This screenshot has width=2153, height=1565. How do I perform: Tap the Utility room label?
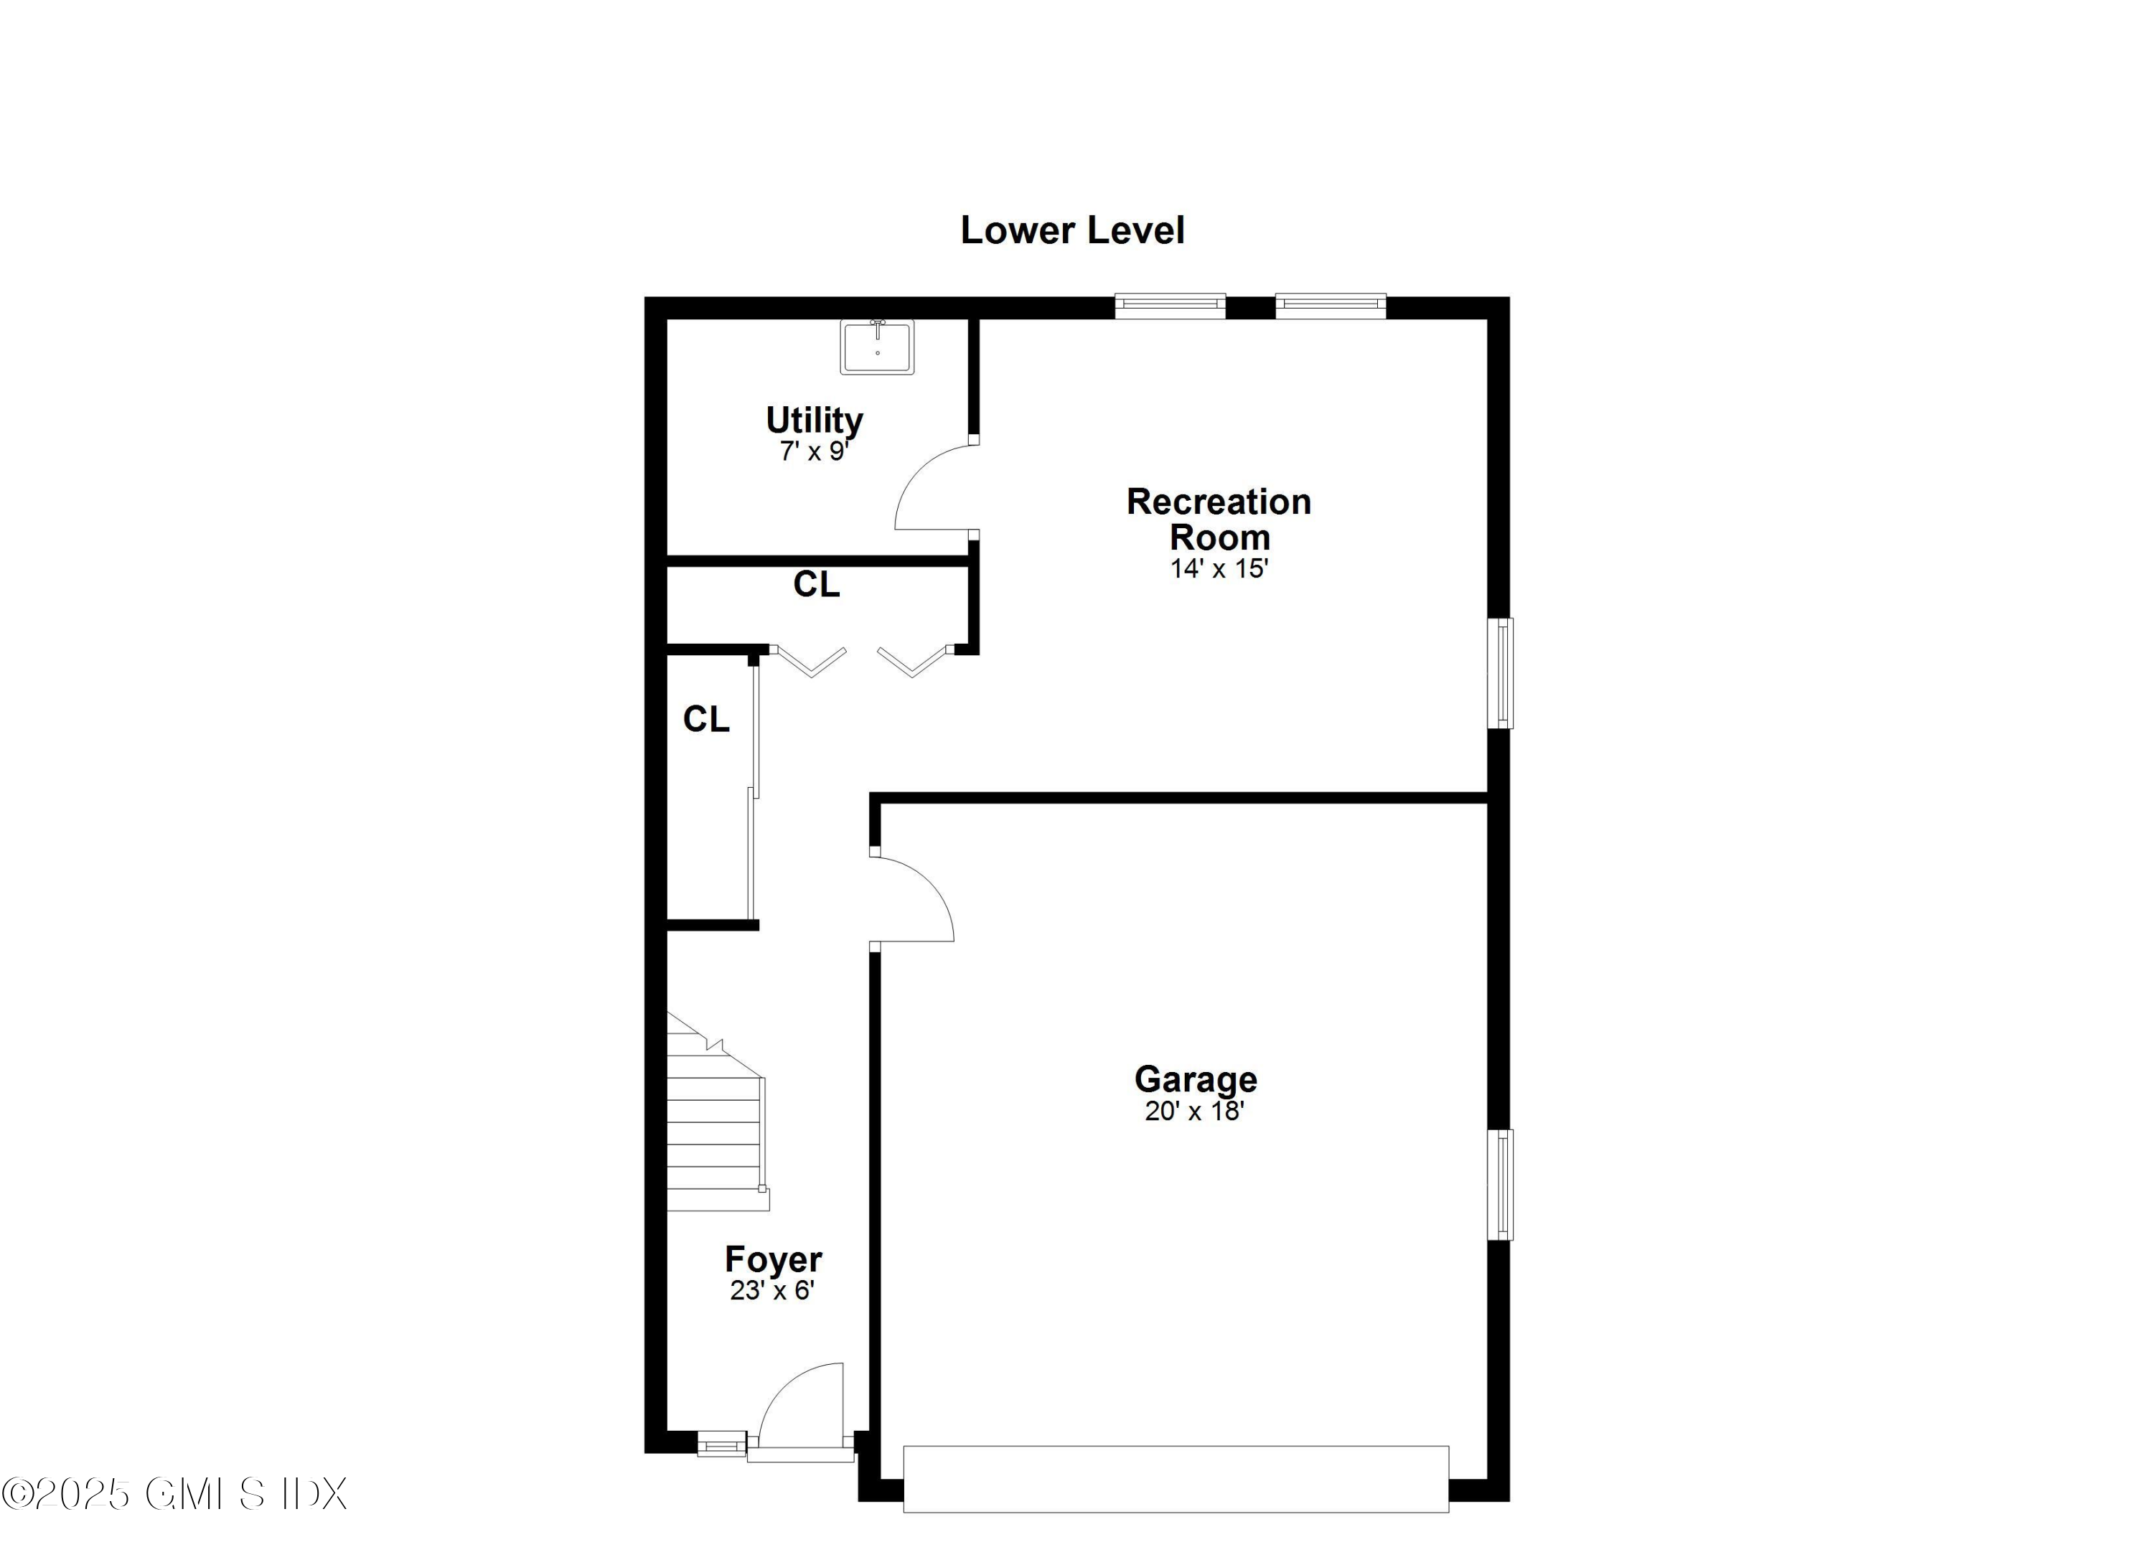point(815,420)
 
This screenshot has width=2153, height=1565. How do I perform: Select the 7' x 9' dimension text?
point(814,452)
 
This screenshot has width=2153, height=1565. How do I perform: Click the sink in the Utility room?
point(877,347)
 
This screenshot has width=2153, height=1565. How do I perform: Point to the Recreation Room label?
point(1219,519)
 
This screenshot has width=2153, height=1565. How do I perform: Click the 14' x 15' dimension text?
point(1219,568)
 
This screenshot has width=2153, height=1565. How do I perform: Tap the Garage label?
point(1195,1079)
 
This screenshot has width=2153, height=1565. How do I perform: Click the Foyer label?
point(773,1259)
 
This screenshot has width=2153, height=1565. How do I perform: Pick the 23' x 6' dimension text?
point(773,1291)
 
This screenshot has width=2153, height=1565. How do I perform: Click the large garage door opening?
point(1176,1479)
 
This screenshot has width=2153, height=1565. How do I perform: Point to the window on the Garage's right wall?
point(1500,1185)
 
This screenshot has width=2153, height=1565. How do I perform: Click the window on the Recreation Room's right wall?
point(1500,673)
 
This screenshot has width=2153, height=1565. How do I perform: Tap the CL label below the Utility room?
point(817,585)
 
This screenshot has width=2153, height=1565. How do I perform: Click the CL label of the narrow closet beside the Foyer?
point(706,720)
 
